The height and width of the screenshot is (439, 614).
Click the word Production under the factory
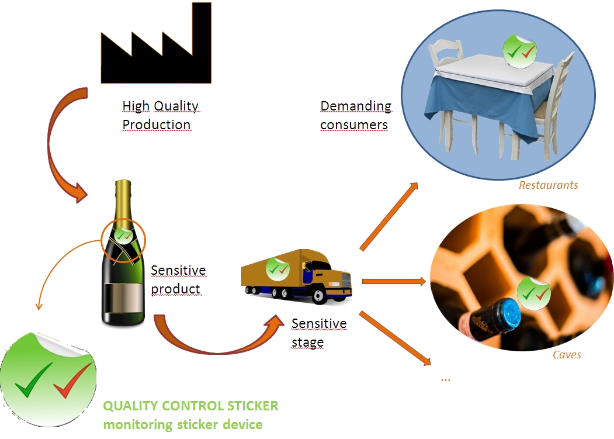157,125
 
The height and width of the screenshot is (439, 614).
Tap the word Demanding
356,106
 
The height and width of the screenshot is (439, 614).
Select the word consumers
354,125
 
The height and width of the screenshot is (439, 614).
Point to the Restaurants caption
548,185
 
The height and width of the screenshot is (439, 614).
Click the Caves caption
567,354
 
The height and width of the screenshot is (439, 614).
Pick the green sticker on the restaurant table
519,49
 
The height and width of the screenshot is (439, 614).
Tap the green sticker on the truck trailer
277,268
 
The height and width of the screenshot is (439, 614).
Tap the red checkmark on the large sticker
71,379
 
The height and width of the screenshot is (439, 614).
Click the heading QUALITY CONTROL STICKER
190,406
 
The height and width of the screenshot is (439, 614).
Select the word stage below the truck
307,343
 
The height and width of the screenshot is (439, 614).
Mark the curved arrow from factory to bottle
58,146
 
